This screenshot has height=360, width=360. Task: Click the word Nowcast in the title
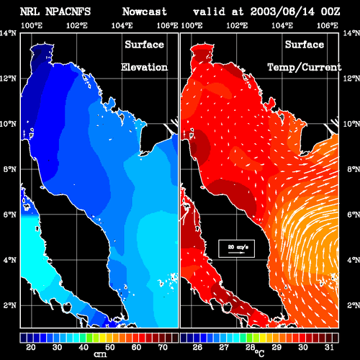[145, 12]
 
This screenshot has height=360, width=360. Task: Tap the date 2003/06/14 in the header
[282, 12]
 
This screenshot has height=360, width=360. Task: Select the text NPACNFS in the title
[68, 12]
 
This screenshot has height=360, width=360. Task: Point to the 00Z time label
[330, 12]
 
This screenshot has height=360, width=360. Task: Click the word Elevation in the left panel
[144, 67]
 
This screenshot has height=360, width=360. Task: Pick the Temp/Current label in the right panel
[305, 68]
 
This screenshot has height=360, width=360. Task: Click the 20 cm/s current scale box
[236, 248]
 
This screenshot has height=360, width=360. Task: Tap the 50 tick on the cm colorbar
[109, 347]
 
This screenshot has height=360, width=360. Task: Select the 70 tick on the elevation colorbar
[163, 347]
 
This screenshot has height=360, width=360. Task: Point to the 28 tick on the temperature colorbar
[251, 347]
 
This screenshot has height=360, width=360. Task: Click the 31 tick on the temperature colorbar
[329, 347]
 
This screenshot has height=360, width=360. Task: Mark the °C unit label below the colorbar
[260, 353]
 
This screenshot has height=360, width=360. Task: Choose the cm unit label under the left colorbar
[100, 354]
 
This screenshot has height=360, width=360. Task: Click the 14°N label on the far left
[8, 33]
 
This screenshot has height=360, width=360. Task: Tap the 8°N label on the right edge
[354, 169]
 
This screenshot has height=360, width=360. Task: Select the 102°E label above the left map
[77, 25]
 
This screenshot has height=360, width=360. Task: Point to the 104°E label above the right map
[282, 25]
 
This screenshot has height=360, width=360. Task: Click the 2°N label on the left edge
[10, 305]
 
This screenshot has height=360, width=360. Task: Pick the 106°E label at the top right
[328, 25]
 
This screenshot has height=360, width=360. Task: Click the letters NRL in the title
[30, 12]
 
